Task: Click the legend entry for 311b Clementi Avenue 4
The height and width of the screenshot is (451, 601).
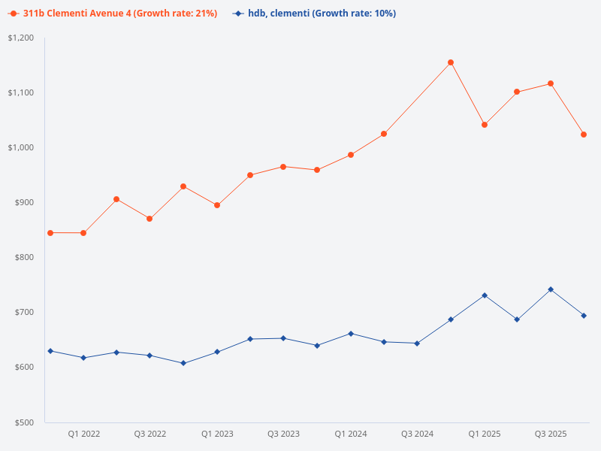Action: tap(113, 14)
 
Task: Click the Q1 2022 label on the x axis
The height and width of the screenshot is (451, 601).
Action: tap(83, 434)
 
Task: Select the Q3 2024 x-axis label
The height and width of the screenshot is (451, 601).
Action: tap(417, 434)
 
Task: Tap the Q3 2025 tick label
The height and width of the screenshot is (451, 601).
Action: tap(551, 434)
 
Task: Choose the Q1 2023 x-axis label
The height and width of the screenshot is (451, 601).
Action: tap(217, 434)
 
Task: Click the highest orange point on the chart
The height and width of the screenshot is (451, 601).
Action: tap(451, 62)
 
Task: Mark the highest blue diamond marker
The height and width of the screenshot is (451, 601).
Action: tap(551, 289)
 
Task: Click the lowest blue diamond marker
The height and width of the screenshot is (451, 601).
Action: tap(183, 363)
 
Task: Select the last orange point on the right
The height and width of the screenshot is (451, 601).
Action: tap(584, 135)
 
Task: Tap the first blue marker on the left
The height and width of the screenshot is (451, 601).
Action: tap(50, 351)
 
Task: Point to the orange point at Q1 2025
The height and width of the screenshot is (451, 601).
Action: tap(485, 125)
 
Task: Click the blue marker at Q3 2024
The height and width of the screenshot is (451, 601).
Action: tap(417, 344)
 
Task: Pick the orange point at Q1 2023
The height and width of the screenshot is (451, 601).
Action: tap(217, 205)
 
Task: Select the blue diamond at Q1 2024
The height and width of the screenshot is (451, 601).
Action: tap(351, 334)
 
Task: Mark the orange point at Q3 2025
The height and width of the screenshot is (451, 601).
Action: tap(551, 83)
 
